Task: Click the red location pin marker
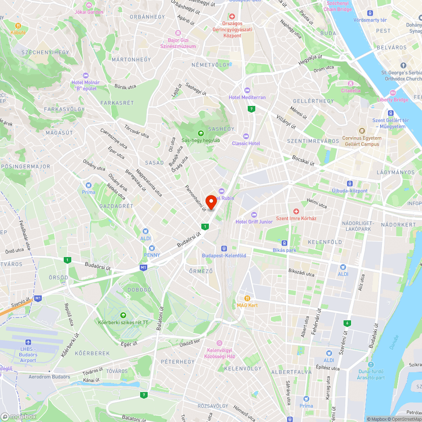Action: [211, 202]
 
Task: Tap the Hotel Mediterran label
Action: [247, 97]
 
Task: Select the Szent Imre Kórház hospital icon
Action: [296, 211]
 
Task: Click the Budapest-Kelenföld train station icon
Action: [224, 249]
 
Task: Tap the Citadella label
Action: [351, 90]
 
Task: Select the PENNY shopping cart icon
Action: [151, 248]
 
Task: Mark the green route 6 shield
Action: [347, 323]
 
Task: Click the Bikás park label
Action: [296, 250]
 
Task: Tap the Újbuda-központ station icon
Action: [349, 184]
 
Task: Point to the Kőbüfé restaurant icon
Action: [18, 25]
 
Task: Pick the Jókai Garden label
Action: [89, 12]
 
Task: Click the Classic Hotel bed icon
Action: [246, 136]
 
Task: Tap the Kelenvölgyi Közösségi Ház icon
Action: [219, 343]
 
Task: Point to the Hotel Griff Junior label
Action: [254, 222]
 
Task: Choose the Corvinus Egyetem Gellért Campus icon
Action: [361, 131]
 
